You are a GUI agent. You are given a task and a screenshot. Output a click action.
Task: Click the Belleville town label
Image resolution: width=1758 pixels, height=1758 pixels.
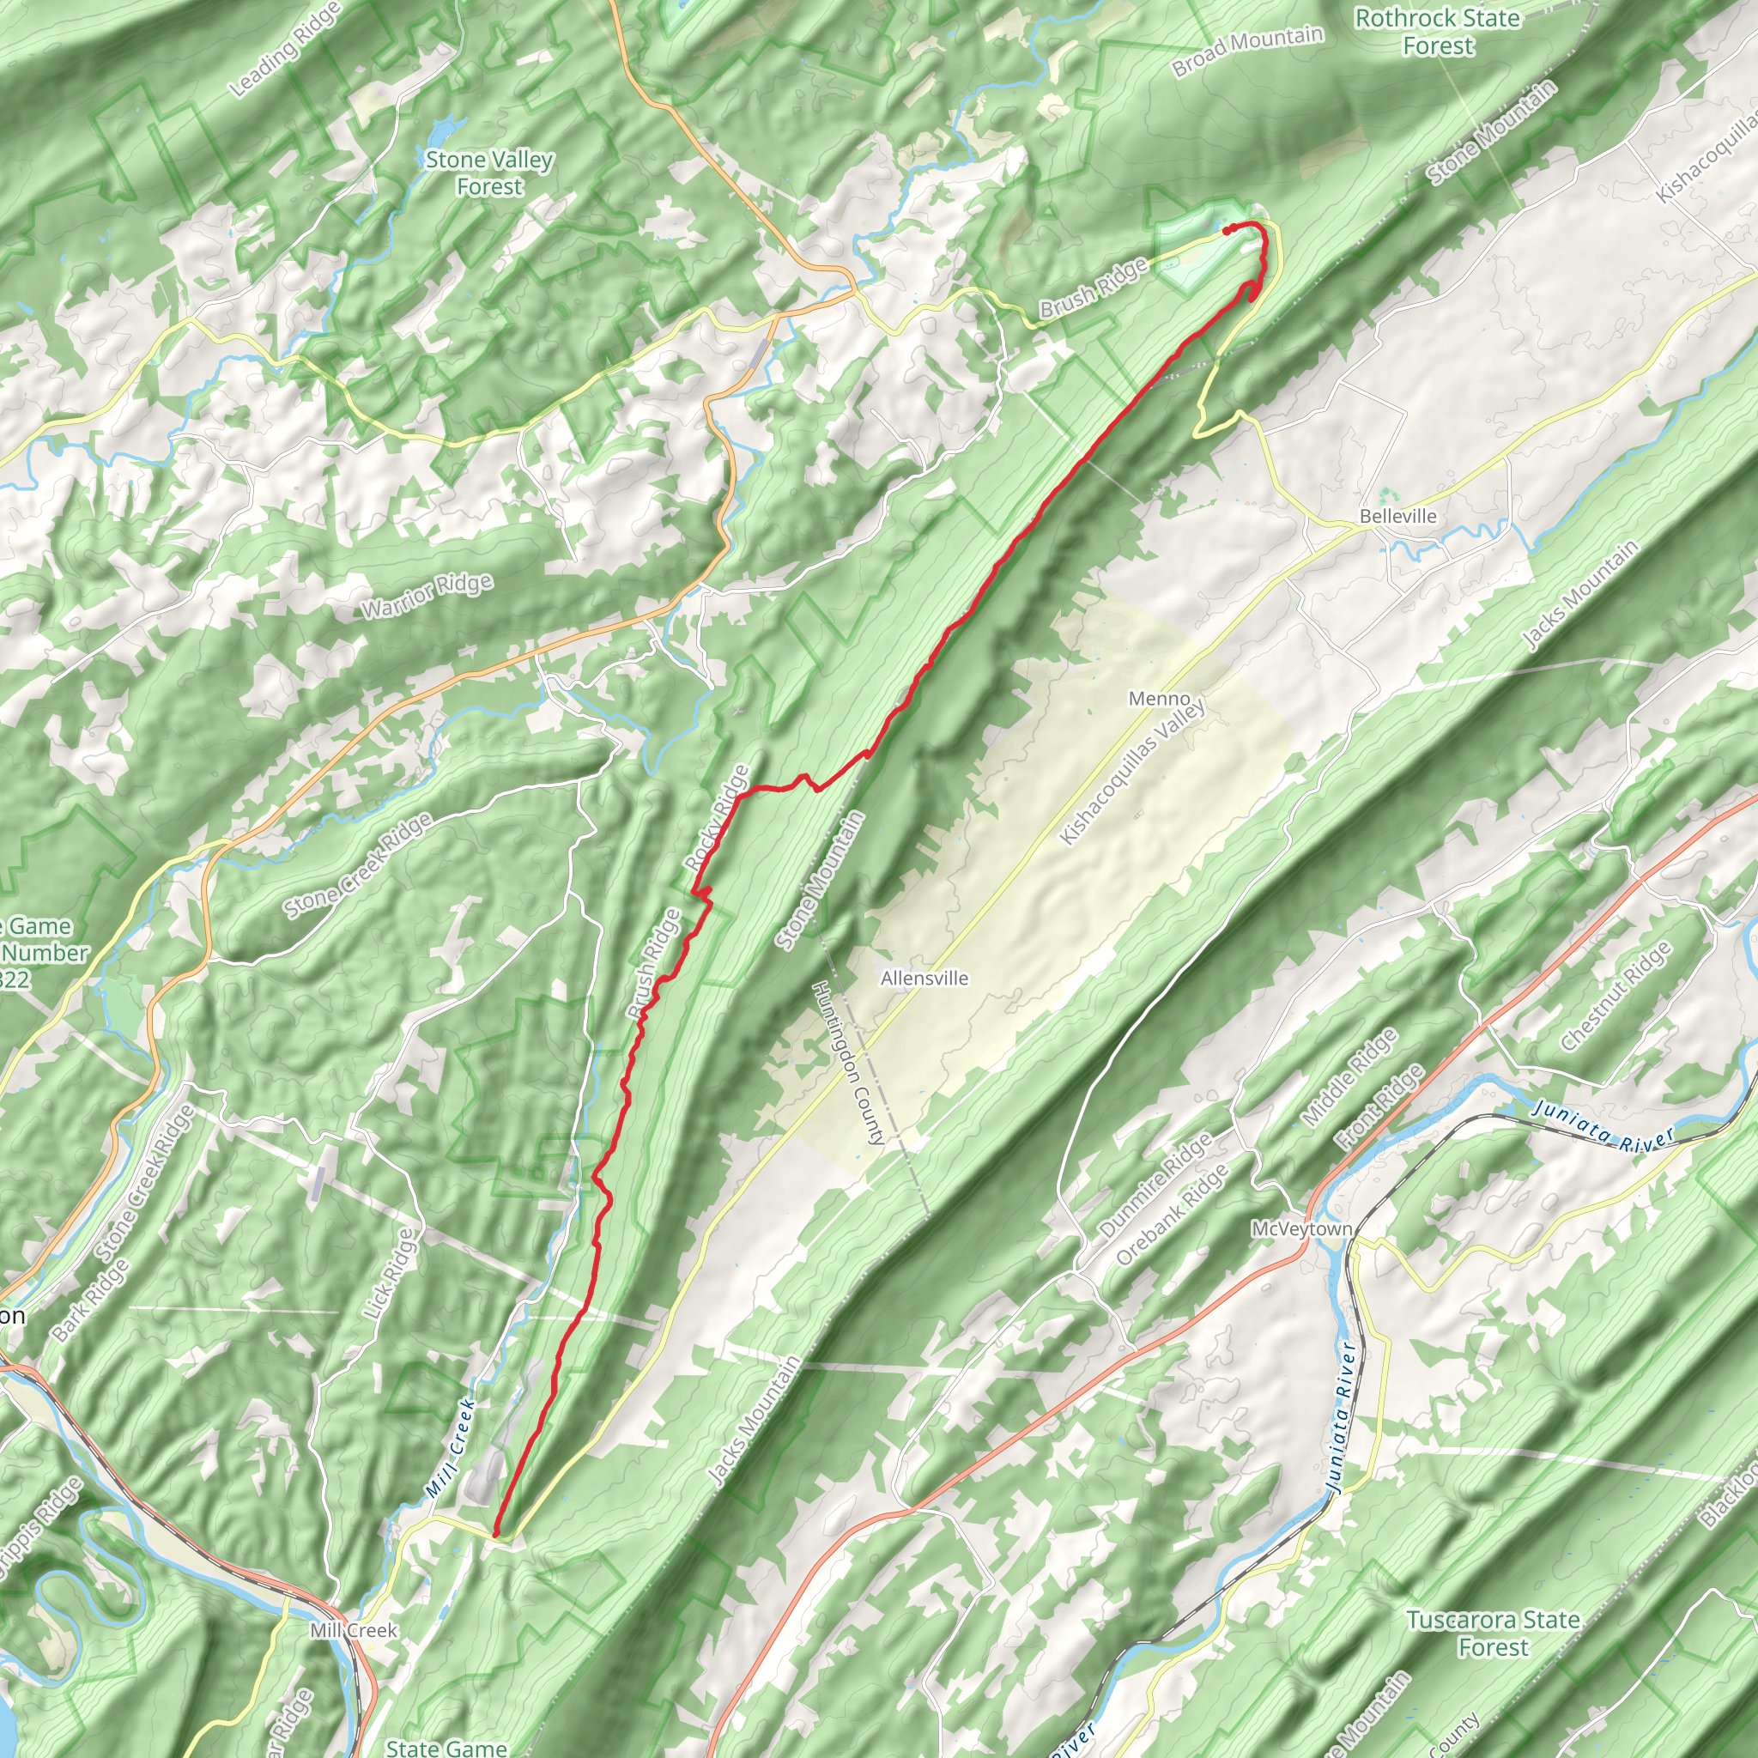pyautogui.click(x=1397, y=516)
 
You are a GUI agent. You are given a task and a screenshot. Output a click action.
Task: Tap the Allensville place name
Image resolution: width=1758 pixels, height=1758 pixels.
pyautogui.click(x=924, y=979)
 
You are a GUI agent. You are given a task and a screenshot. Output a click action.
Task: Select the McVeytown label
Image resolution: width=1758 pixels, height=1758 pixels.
pyautogui.click(x=1302, y=1228)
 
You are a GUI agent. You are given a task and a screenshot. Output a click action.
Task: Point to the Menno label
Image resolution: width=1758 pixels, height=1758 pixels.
pyautogui.click(x=1158, y=698)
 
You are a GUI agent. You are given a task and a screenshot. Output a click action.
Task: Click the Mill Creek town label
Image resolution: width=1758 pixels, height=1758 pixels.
pyautogui.click(x=353, y=1630)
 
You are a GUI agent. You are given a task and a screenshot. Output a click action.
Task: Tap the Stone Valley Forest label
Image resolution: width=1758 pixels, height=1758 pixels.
pyautogui.click(x=489, y=173)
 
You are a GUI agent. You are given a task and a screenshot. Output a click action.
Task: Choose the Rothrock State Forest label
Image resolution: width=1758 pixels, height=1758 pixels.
pyautogui.click(x=1437, y=32)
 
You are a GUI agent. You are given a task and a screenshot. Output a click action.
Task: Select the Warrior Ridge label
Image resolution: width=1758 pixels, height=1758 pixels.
pyautogui.click(x=427, y=596)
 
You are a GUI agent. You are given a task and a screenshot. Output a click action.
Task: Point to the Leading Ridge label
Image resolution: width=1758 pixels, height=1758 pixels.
pyautogui.click(x=285, y=49)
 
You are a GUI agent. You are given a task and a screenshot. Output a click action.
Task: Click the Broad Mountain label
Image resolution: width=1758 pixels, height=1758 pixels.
pyautogui.click(x=1246, y=51)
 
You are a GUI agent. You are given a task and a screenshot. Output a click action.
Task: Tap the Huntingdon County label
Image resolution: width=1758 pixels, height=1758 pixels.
pyautogui.click(x=848, y=1062)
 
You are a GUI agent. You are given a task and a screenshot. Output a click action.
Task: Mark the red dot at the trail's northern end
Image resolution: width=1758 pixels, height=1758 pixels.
pyautogui.click(x=1227, y=230)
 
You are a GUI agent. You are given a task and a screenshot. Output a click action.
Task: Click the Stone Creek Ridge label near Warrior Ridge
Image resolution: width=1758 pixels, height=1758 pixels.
pyautogui.click(x=358, y=866)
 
